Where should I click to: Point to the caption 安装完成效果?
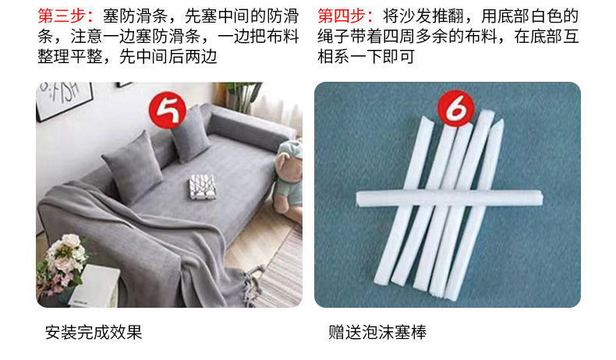point(94,334)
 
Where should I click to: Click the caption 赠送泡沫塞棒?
point(377,334)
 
